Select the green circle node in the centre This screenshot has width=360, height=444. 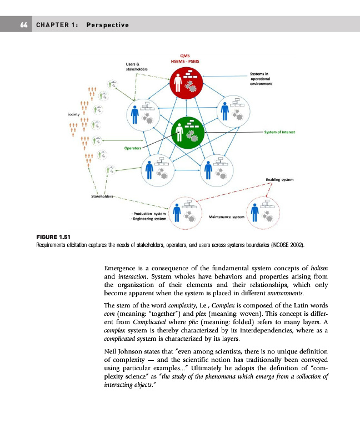(189, 131)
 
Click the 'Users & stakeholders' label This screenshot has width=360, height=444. (136, 67)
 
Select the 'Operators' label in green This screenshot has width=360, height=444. (133, 149)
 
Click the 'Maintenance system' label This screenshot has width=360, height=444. (226, 216)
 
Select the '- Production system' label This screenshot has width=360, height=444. (149, 214)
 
